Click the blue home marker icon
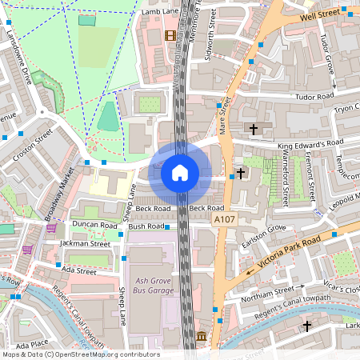180,173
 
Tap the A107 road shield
224,218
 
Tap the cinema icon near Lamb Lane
170,35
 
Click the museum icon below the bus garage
201,337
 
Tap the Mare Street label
223,115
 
